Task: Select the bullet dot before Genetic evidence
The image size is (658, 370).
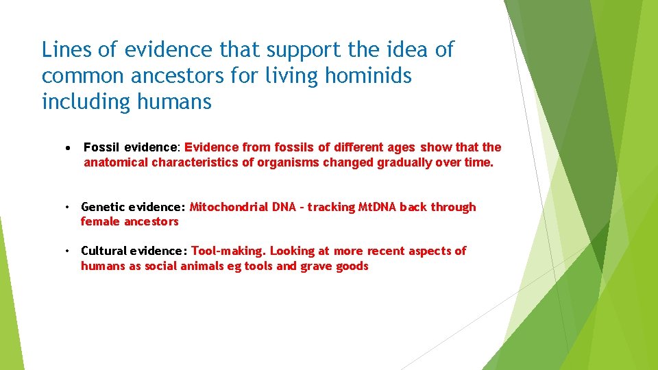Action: click(69, 207)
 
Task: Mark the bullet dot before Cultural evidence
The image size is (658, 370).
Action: click(69, 251)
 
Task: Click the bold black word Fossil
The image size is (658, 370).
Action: click(102, 147)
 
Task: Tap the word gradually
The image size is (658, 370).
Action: click(400, 162)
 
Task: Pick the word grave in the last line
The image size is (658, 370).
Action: click(316, 266)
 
